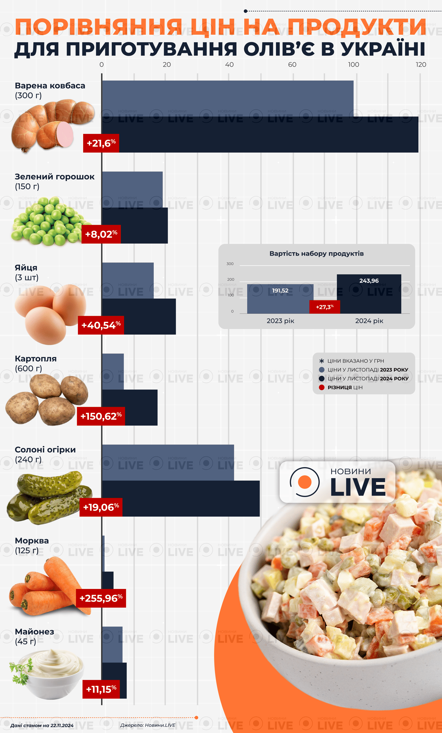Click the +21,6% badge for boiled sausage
(x=101, y=143)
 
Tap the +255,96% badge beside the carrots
(x=101, y=598)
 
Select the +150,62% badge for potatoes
(x=101, y=416)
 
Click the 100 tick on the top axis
(x=354, y=65)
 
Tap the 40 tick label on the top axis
(x=229, y=65)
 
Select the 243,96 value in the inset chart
(x=369, y=281)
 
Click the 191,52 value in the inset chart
(x=280, y=291)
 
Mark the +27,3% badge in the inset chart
(x=325, y=307)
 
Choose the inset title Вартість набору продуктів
(x=316, y=254)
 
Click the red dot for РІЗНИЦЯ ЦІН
(x=322, y=388)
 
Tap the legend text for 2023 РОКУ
(x=394, y=370)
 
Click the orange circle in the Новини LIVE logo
(x=305, y=482)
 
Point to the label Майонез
(x=34, y=632)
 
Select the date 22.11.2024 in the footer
(x=62, y=725)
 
